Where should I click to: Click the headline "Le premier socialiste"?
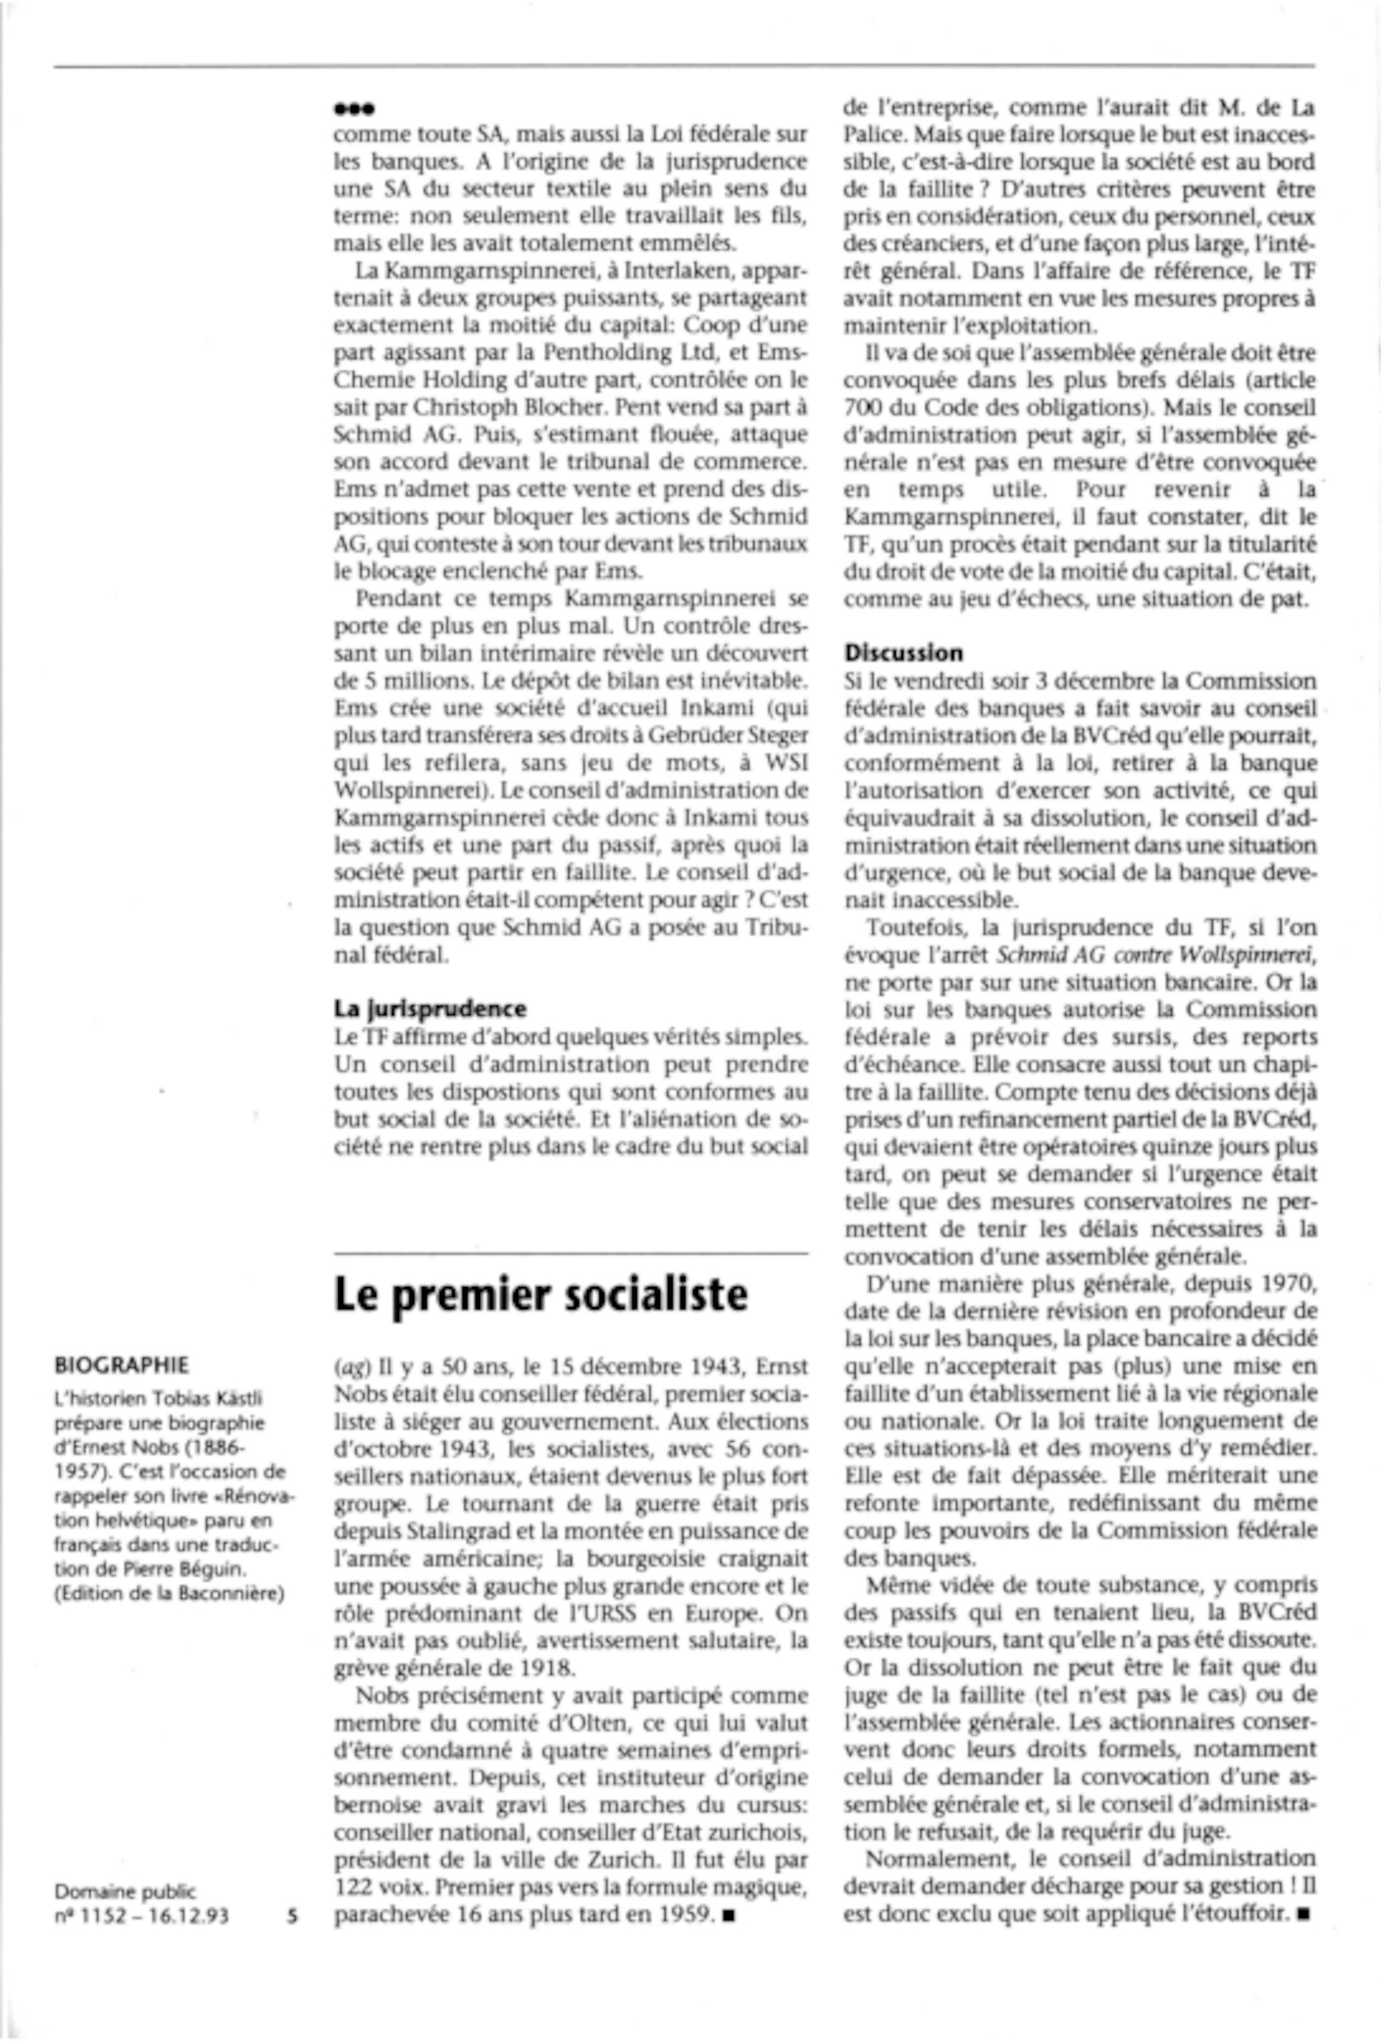click(x=541, y=1295)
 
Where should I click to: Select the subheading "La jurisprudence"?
click(x=430, y=1008)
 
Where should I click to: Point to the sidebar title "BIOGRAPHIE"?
click(x=121, y=1366)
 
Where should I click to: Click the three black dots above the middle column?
click(x=355, y=110)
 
